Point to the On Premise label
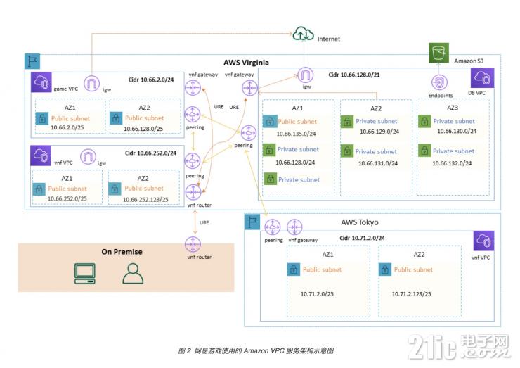coord(122,251)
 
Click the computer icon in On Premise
coord(86,272)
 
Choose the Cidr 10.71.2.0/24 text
coord(362,238)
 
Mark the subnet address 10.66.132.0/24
coord(455,162)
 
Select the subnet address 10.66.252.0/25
coord(68,199)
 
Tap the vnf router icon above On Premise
coord(192,243)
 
